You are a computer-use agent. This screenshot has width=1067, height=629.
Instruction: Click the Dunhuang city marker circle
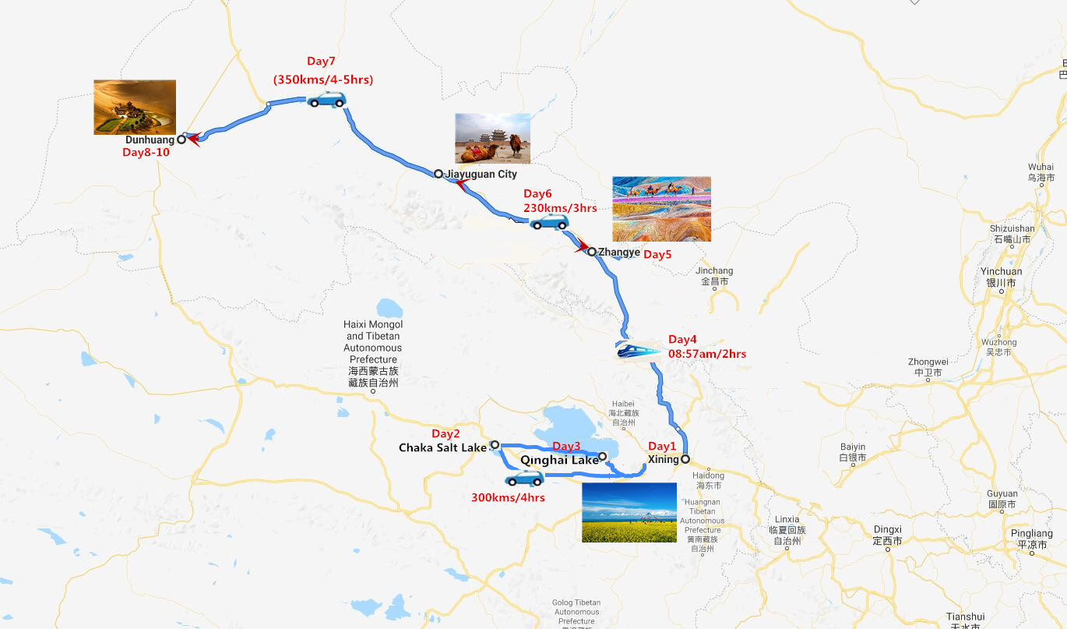click(181, 140)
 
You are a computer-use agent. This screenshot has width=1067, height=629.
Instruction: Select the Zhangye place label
click(619, 252)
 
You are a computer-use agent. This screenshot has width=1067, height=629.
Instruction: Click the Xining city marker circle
click(685, 459)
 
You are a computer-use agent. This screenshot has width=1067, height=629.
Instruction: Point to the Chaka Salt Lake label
click(442, 447)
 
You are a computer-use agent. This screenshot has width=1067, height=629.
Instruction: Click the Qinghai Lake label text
click(559, 461)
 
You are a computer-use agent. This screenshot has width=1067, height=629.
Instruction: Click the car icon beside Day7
click(326, 99)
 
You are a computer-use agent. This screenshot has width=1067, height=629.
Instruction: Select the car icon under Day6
click(549, 223)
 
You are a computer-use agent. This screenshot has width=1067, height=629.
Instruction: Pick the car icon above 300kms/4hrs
click(525, 478)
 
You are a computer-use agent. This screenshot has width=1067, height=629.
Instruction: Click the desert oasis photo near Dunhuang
click(135, 107)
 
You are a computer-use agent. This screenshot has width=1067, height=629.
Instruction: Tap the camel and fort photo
click(492, 138)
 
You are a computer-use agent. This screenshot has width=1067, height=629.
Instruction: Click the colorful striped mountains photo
click(661, 209)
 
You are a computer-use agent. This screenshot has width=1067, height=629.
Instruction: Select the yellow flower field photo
click(629, 512)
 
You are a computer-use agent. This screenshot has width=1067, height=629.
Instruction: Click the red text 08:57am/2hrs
click(707, 354)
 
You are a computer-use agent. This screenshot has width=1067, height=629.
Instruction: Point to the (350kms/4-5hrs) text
click(322, 80)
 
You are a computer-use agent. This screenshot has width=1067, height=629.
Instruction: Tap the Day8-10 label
click(146, 153)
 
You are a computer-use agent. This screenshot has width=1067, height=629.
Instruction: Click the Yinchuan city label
click(1001, 272)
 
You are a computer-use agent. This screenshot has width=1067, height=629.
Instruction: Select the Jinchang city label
click(714, 271)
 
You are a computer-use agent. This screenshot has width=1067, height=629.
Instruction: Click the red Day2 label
click(445, 433)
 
